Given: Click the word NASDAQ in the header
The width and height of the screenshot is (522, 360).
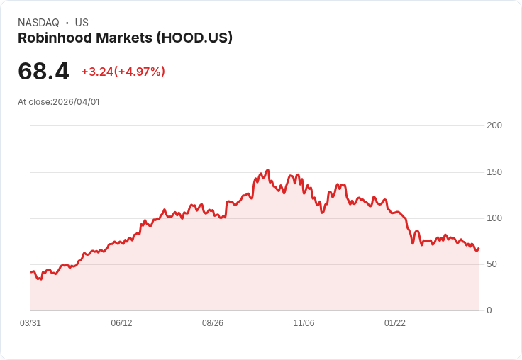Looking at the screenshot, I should (x=38, y=23).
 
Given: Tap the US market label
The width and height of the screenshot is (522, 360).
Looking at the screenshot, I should (x=82, y=23).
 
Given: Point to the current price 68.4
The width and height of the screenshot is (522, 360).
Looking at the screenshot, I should (x=43, y=72).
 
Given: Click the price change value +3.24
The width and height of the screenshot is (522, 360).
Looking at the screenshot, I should (x=97, y=72).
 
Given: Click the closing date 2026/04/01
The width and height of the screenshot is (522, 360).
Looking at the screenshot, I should (x=76, y=102).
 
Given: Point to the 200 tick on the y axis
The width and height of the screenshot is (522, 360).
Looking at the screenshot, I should (x=494, y=125).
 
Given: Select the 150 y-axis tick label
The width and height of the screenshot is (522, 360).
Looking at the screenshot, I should (x=494, y=172).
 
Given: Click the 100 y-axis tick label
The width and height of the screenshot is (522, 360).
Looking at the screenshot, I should (x=494, y=218).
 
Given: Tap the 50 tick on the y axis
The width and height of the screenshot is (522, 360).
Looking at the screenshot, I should (x=492, y=264).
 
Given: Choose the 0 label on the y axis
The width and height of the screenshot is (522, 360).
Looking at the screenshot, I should (x=489, y=310).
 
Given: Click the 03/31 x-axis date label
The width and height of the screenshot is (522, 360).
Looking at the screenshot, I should (x=30, y=323).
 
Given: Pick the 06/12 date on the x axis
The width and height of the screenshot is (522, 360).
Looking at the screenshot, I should (x=121, y=323).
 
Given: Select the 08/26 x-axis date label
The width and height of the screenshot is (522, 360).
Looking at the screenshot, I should (x=213, y=323).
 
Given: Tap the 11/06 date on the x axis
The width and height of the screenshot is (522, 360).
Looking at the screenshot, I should (x=304, y=323).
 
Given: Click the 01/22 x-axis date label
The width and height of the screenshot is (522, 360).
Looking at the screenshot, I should (x=395, y=323).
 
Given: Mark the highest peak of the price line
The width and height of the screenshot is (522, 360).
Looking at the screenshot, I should (x=267, y=170).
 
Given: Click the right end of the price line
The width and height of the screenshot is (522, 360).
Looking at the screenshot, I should (x=479, y=248).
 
